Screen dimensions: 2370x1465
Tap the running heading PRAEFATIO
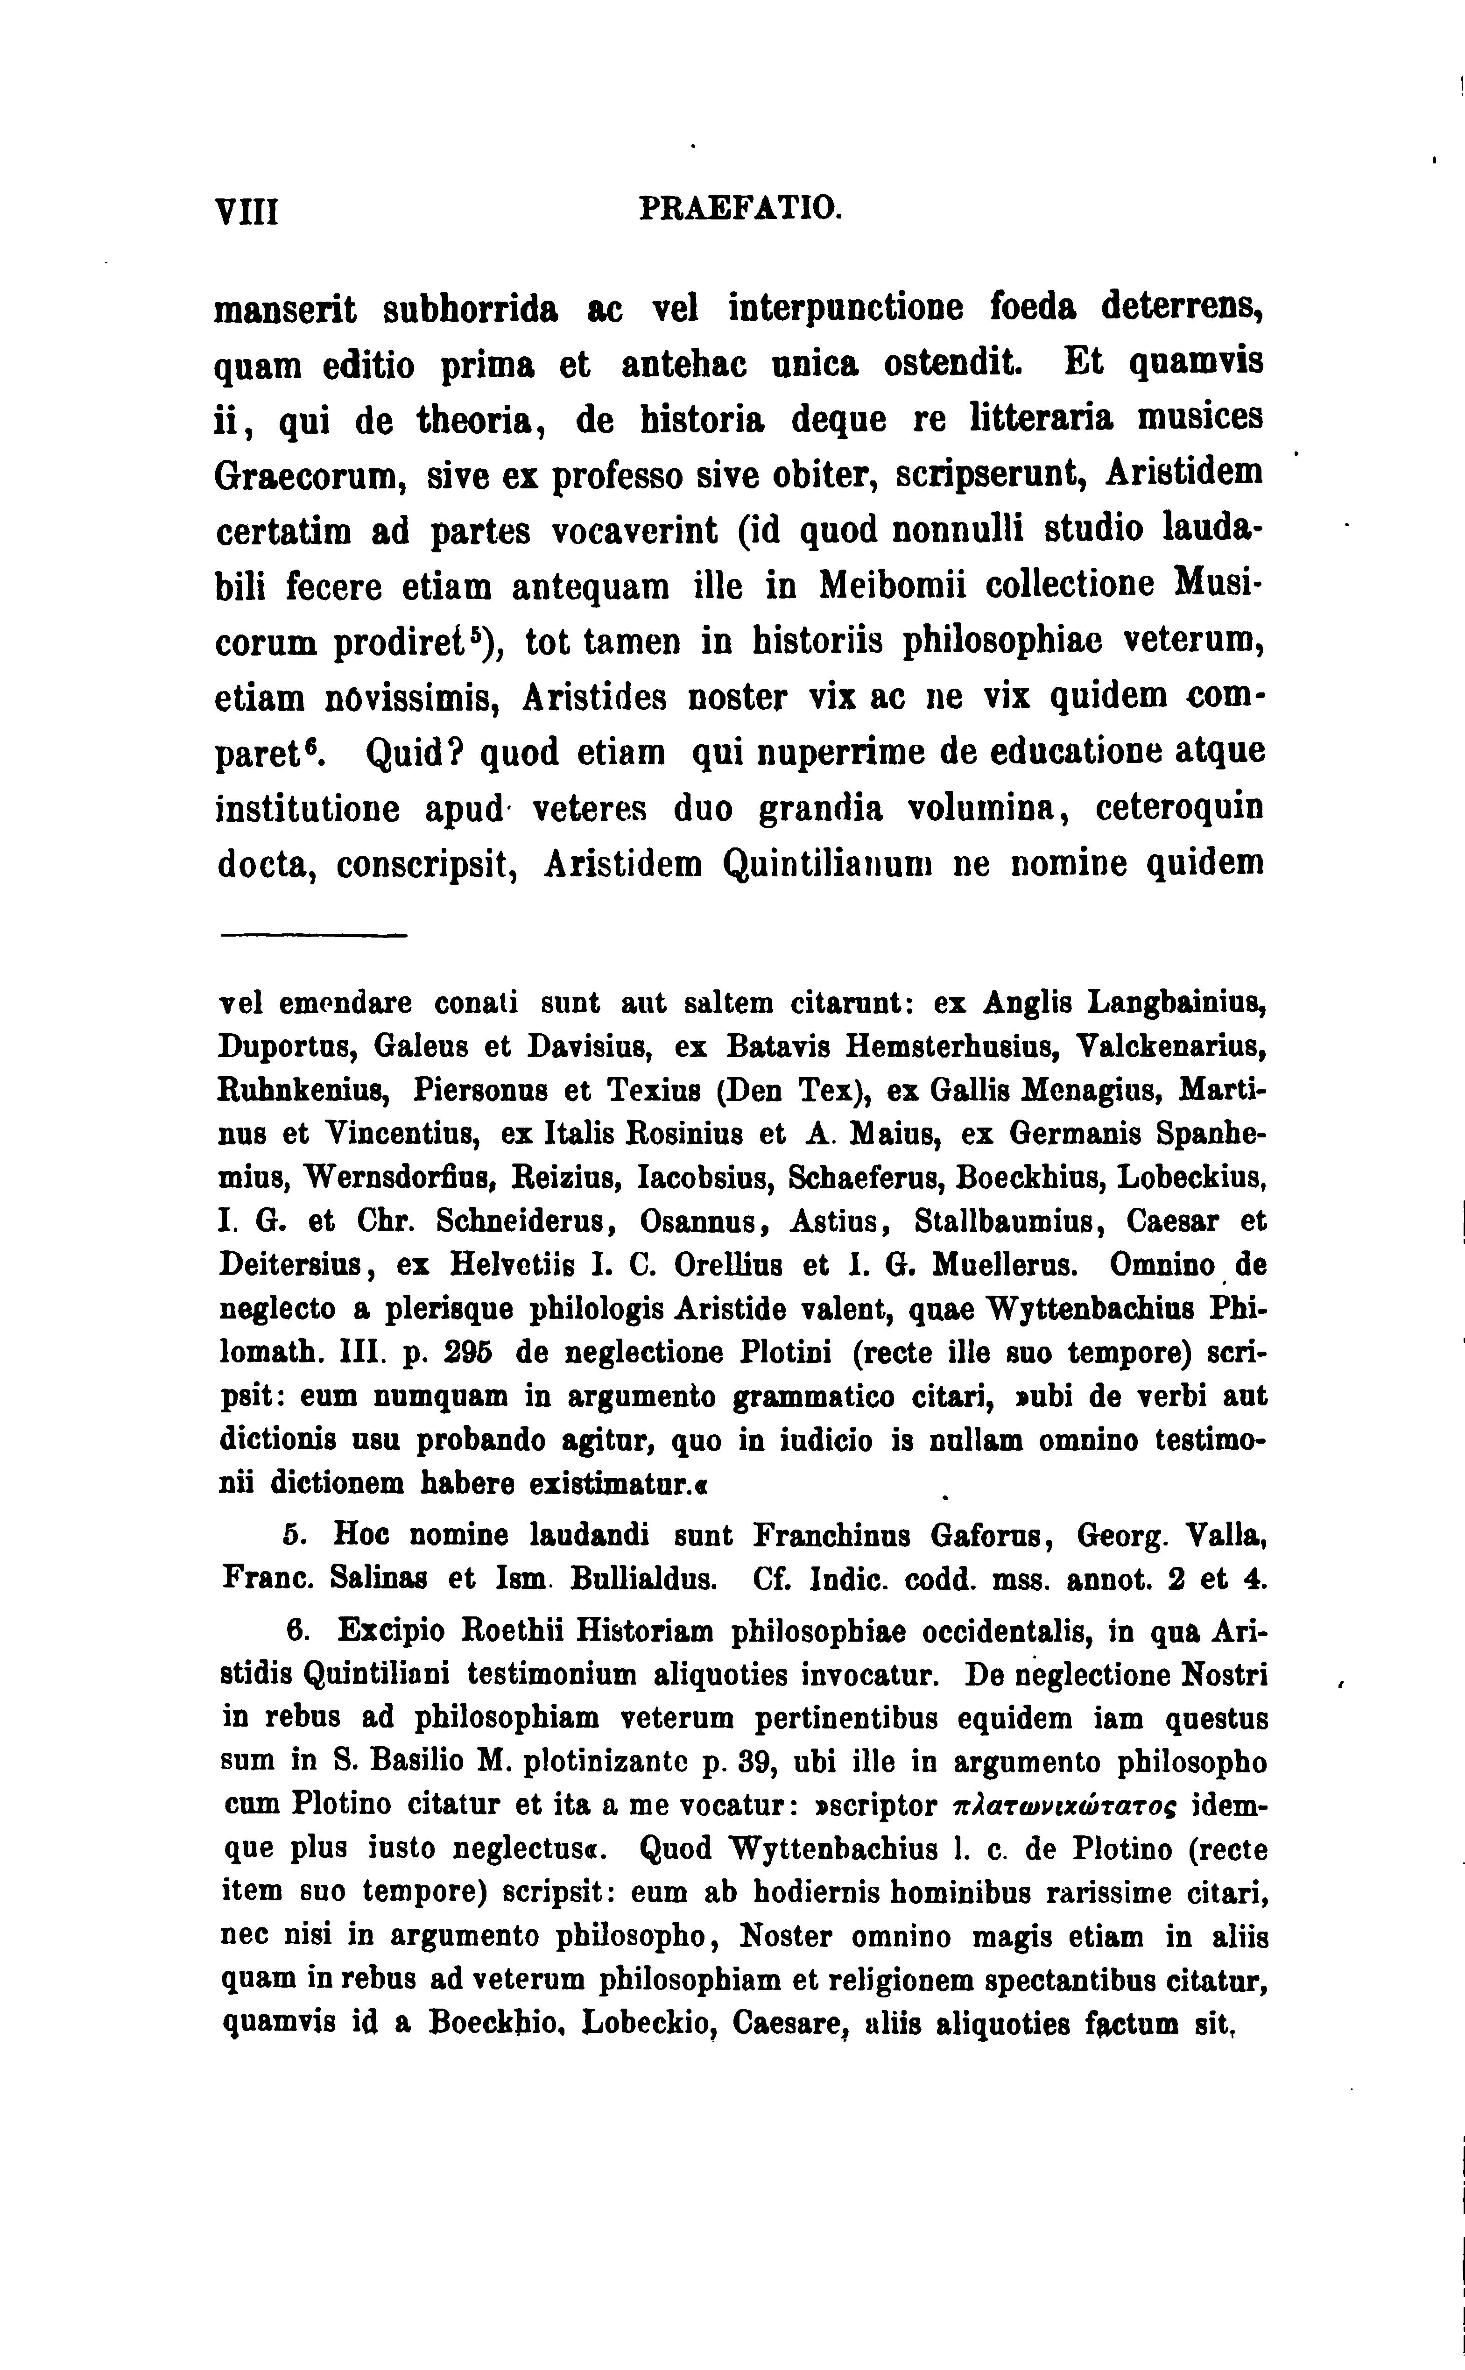[741, 208]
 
